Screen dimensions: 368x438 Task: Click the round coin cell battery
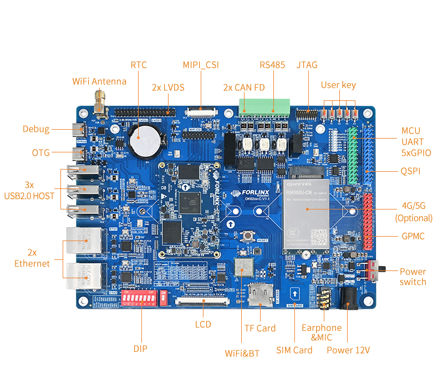coord(145,138)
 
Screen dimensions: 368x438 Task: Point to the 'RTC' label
coord(139,65)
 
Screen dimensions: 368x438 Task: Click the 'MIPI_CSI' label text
coord(201,65)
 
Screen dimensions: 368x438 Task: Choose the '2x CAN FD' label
coord(244,87)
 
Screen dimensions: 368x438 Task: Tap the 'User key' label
coord(338,85)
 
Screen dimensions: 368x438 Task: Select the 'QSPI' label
coord(410,172)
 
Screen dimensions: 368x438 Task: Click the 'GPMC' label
coord(413,236)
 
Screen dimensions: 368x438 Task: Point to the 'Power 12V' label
coord(348,350)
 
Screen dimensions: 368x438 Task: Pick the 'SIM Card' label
coord(294,350)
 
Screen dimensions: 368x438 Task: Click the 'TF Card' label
coord(259,328)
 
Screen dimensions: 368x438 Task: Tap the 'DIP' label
coord(140,349)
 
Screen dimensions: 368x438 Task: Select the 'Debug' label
coord(36,130)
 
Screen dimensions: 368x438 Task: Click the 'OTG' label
coord(41,152)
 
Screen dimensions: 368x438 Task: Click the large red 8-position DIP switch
coord(139,299)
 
